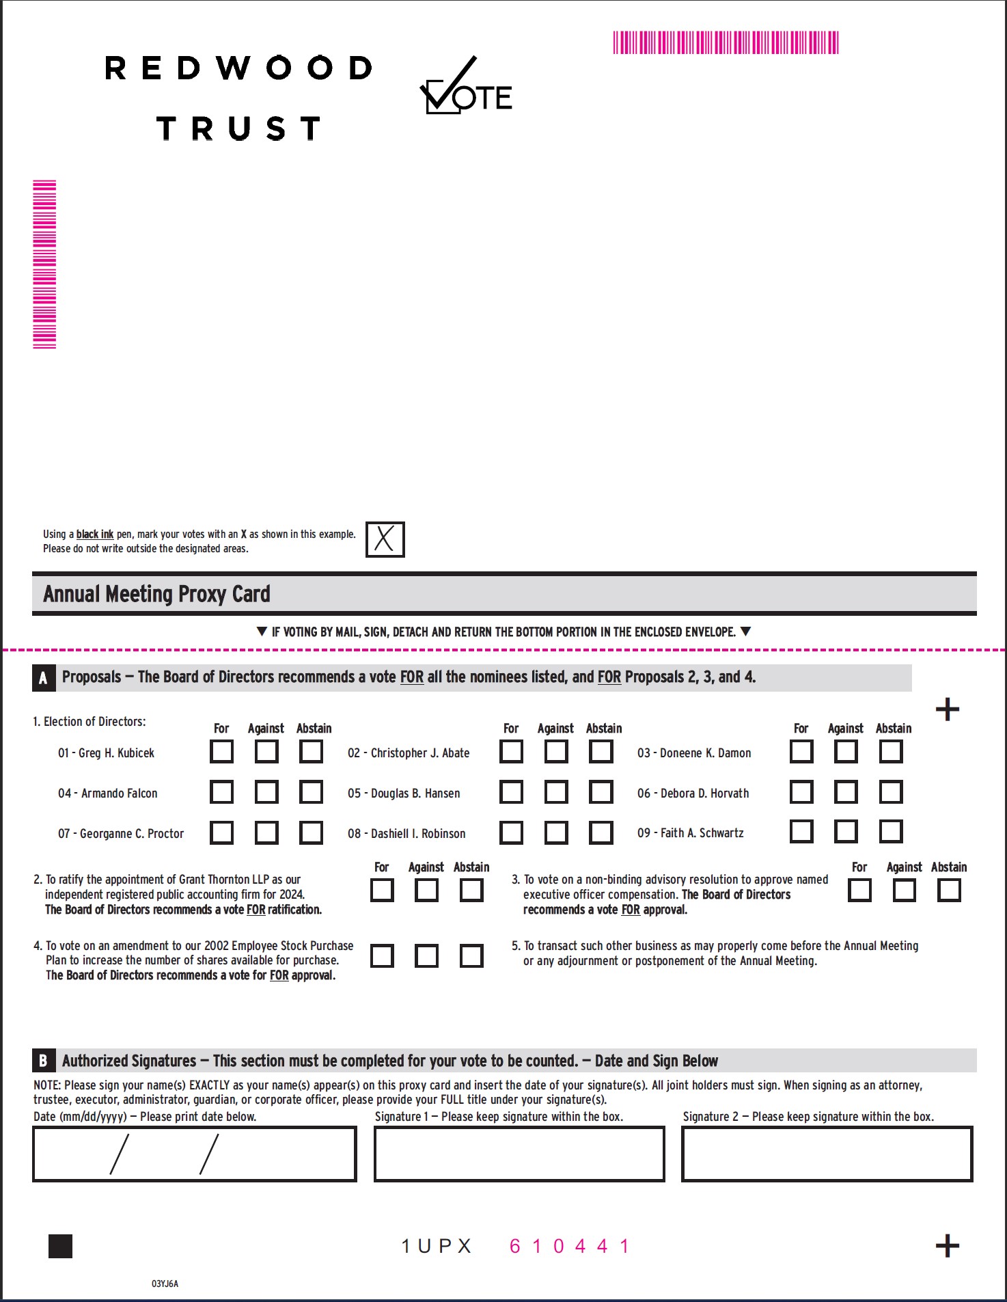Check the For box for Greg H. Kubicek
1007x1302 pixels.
click(221, 752)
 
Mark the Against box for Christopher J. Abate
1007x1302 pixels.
click(556, 752)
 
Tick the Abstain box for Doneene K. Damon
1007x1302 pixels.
click(891, 752)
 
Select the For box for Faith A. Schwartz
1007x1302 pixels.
click(801, 832)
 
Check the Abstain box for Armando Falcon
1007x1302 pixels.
click(312, 792)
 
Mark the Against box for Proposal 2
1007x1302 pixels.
click(427, 891)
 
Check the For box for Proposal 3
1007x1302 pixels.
click(859, 891)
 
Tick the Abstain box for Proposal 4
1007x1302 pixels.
click(471, 956)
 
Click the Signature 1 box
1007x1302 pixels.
click(519, 1154)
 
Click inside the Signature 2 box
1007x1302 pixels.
click(827, 1154)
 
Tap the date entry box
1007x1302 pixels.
click(195, 1154)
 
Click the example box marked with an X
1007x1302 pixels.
click(385, 539)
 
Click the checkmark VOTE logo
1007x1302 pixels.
click(465, 87)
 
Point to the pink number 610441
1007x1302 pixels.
click(569, 1246)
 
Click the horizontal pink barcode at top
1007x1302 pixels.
click(726, 42)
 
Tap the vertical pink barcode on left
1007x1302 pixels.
click(44, 265)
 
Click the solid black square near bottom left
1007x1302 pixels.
click(61, 1246)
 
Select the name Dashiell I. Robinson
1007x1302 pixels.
click(406, 834)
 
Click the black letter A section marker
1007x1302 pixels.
click(43, 678)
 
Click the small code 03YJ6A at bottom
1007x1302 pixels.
click(165, 1284)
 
